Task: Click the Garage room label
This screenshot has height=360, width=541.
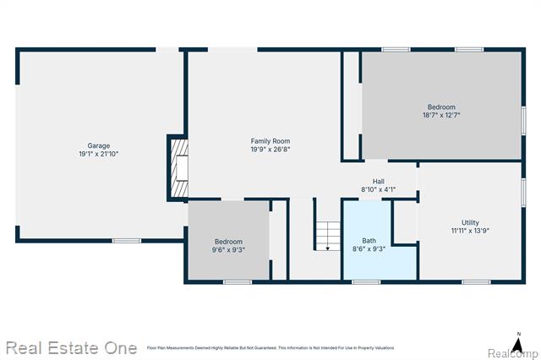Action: (x=98, y=145)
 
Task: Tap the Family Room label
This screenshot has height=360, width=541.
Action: (x=270, y=140)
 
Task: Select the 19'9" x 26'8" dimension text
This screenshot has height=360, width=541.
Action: (x=270, y=150)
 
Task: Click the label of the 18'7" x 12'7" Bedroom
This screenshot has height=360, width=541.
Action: (x=441, y=106)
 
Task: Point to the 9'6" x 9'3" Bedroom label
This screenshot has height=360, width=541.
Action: (x=228, y=242)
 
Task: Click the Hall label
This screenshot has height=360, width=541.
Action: (x=379, y=181)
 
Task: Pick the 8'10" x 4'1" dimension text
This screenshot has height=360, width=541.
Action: (x=379, y=189)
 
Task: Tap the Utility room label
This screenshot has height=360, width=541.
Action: (x=470, y=222)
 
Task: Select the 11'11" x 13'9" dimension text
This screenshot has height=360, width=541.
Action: (x=470, y=231)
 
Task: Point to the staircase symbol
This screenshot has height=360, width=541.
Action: (x=327, y=233)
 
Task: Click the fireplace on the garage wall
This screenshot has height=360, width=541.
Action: (x=178, y=168)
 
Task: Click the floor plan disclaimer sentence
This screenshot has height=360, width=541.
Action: (x=270, y=347)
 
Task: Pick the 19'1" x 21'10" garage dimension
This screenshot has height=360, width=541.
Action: (x=98, y=154)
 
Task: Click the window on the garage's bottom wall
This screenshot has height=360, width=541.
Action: (x=127, y=241)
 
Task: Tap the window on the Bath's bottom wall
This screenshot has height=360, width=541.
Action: (x=366, y=281)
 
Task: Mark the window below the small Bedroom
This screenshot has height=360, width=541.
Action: (x=238, y=281)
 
